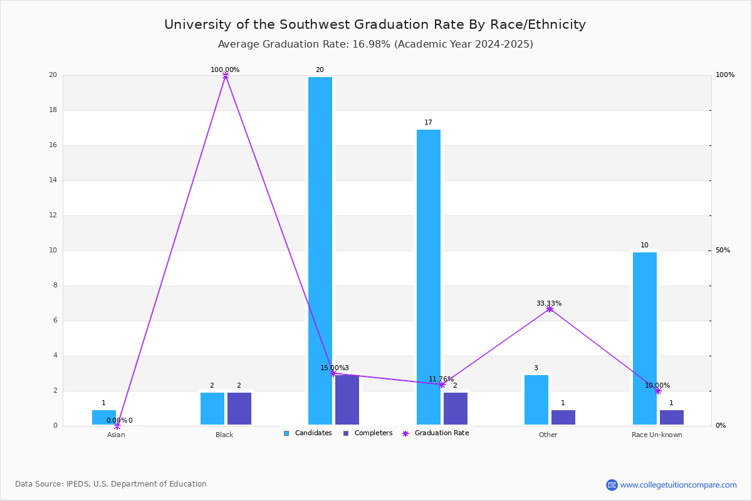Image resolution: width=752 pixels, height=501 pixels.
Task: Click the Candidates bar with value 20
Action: [x=320, y=250]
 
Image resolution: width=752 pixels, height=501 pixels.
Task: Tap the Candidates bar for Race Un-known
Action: [x=645, y=338]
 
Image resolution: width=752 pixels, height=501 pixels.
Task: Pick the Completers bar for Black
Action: [x=239, y=408]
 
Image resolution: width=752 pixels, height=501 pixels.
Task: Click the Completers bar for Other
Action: [x=563, y=417]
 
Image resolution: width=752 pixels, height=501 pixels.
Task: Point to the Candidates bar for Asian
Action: [x=104, y=417]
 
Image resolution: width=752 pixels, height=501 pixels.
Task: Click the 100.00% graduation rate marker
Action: [x=226, y=75]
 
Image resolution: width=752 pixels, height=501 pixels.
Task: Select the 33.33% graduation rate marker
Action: [x=550, y=309]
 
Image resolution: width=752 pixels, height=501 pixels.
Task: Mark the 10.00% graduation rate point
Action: [x=658, y=391]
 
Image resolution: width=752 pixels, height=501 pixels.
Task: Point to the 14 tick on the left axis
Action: [x=53, y=180]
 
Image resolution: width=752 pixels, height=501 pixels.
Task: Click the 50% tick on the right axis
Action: [x=723, y=250]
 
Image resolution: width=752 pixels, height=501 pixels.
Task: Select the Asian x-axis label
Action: [x=116, y=435]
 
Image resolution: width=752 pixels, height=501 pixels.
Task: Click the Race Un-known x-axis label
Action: [x=657, y=435]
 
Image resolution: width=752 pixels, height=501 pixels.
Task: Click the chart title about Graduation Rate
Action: [x=375, y=24]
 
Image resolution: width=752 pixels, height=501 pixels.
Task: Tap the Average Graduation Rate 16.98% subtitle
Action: [x=375, y=44]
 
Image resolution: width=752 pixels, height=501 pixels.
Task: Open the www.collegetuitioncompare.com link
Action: [x=678, y=485]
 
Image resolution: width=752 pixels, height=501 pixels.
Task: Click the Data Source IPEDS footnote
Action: [x=111, y=484]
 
